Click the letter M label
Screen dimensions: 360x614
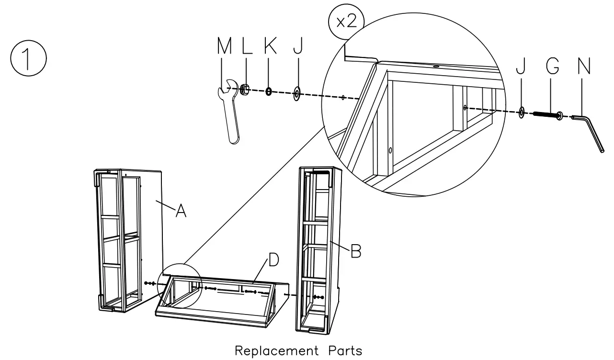(224, 46)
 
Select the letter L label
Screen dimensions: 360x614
(247, 46)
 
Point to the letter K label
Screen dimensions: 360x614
(270, 46)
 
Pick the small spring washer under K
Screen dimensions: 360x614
(269, 91)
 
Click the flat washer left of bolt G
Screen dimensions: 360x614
(521, 112)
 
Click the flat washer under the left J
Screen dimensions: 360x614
(296, 93)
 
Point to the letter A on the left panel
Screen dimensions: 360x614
(181, 210)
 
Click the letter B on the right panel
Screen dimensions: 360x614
(355, 251)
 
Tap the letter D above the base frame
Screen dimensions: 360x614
(273, 260)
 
